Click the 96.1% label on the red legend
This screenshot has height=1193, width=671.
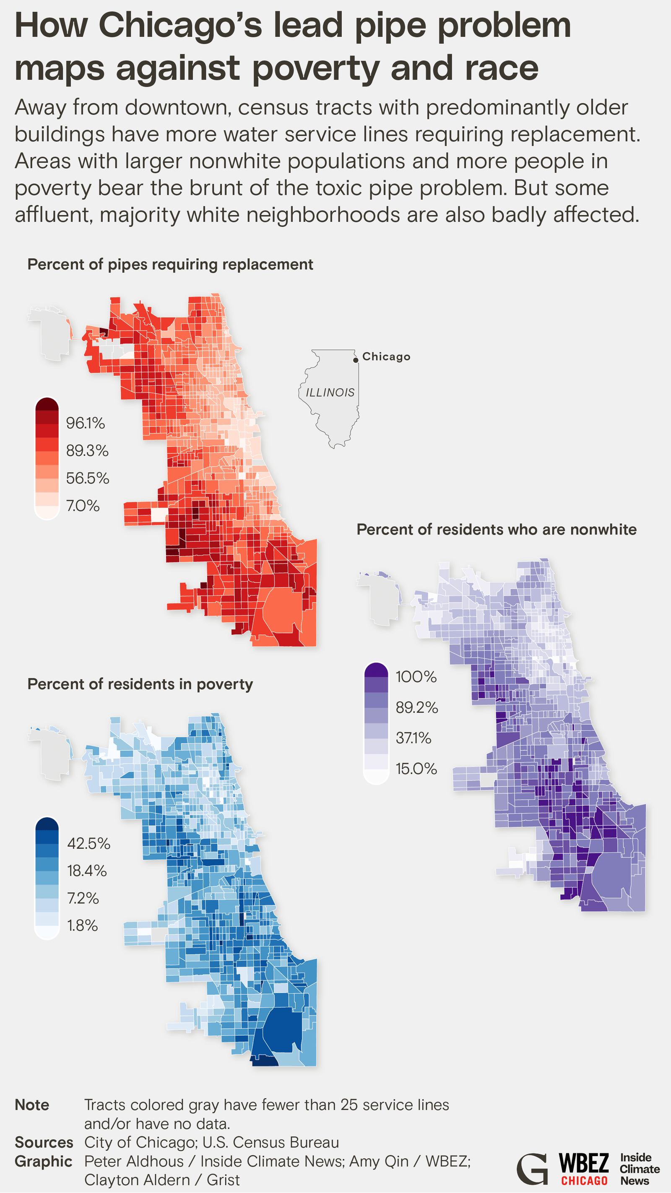click(x=85, y=423)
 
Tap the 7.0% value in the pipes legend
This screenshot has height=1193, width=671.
click(x=83, y=505)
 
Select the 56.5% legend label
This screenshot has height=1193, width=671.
click(x=87, y=478)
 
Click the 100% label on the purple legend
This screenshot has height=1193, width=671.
click(x=416, y=677)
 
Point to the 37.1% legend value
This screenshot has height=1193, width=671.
click(x=413, y=738)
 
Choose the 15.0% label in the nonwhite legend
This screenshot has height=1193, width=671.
click(x=416, y=769)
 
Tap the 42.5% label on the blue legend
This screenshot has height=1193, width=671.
click(x=88, y=843)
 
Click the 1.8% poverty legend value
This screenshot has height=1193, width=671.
click(x=83, y=925)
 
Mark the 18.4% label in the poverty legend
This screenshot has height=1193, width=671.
click(x=86, y=871)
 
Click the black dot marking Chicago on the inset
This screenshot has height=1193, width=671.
click(x=356, y=360)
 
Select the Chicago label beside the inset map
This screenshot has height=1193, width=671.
click(x=386, y=356)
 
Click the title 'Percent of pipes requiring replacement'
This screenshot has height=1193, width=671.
click(x=170, y=265)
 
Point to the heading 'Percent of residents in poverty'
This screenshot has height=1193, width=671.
click(x=140, y=684)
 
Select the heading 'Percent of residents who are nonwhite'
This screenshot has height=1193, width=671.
click(x=497, y=529)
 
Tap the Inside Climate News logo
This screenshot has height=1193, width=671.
click(x=639, y=1169)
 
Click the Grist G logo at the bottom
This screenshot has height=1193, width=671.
click(x=532, y=1169)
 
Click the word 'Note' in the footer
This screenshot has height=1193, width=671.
click(x=32, y=1105)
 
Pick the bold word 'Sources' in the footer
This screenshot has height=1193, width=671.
click(x=44, y=1143)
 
